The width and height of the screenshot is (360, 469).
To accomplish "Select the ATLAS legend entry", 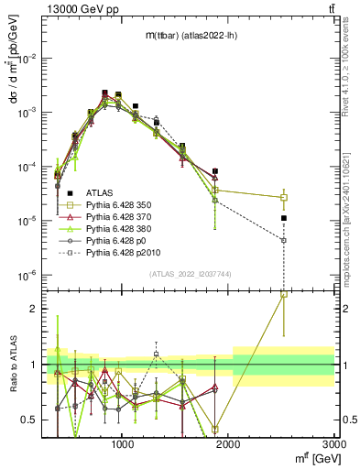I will tap(100, 192).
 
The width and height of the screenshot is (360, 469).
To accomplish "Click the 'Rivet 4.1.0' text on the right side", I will tap(351, 64).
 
